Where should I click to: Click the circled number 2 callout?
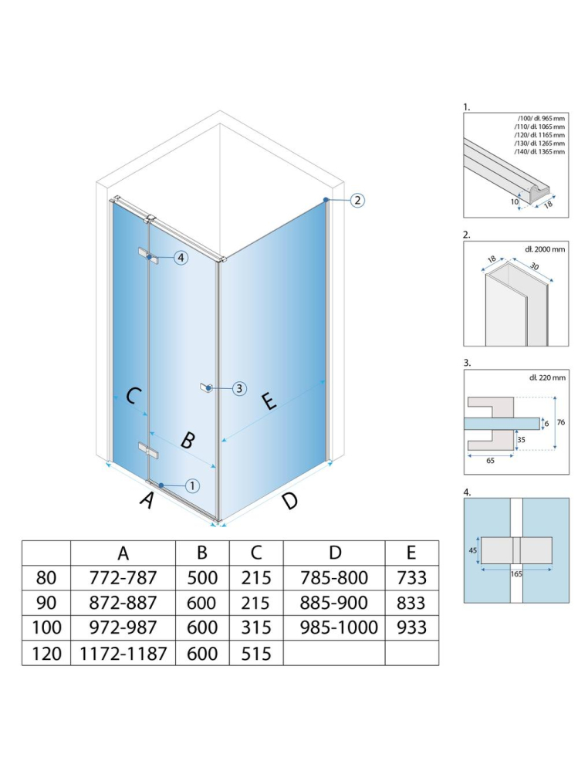point(357,201)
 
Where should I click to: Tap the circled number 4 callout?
point(181,258)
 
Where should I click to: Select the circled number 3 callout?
point(239,388)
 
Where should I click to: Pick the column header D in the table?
point(334,553)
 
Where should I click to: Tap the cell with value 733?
point(411,577)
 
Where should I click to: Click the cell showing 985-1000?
point(334,627)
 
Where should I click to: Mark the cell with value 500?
point(202,577)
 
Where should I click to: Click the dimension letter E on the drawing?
point(267,401)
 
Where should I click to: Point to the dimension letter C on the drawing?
point(132,396)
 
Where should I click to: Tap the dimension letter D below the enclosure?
point(289,501)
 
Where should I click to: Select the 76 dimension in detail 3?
point(563,421)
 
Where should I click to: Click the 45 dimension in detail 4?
point(471,550)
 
